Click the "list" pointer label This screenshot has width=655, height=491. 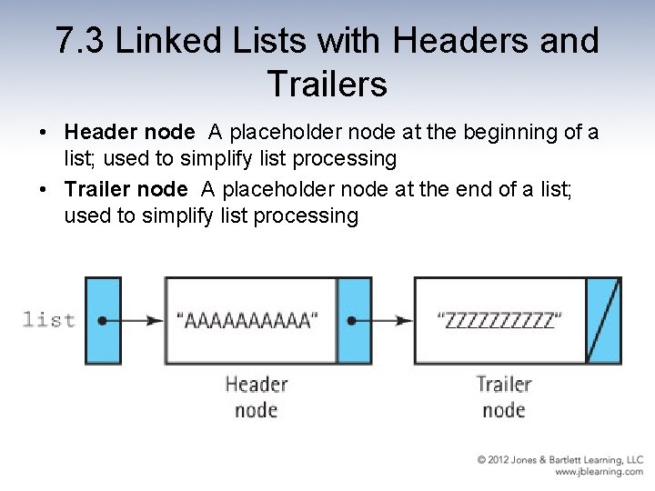pyautogui.click(x=48, y=319)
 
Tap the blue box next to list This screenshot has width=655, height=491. pyautogui.click(x=103, y=320)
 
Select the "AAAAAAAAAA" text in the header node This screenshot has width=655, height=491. pyautogui.click(x=247, y=320)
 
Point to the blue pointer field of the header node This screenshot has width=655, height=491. pyautogui.click(x=354, y=320)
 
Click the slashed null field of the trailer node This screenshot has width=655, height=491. pyautogui.click(x=603, y=320)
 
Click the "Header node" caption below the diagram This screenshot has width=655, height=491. pyautogui.click(x=256, y=396)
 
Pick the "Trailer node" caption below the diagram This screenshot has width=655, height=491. pyautogui.click(x=503, y=396)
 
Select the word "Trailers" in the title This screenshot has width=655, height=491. pyautogui.click(x=327, y=85)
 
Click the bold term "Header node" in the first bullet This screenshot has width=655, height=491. pyautogui.click(x=129, y=133)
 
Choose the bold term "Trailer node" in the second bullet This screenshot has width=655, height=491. pyautogui.click(x=126, y=189)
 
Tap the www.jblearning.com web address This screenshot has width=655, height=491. pyautogui.click(x=599, y=472)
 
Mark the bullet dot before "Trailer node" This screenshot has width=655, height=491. pyautogui.click(x=44, y=189)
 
